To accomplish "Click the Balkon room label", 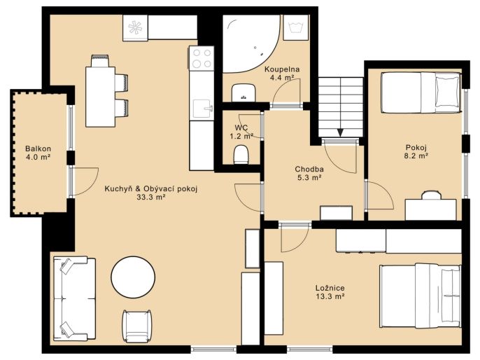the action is coord(38,149).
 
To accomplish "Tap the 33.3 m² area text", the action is coord(151,198).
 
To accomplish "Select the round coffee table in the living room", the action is coord(133,277).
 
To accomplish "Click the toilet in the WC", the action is coord(241,154).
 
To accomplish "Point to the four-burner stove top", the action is coord(201,58).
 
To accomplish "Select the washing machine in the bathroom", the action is coord(295,27).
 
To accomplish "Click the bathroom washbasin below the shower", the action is coord(243,92).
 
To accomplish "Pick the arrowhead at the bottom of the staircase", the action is coord(340,132).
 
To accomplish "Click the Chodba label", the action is coord(309,169).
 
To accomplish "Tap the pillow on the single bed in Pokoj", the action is coord(448,92).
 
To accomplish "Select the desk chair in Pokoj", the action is coord(431,195).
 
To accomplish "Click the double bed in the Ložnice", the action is coord(420,296).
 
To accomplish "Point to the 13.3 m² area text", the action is coord(330,296).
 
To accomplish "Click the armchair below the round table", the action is coord(137,326).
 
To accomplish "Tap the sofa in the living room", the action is coord(74,298).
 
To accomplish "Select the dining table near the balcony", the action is coord(101,97).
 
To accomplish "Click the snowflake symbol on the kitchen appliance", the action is coord(135,27).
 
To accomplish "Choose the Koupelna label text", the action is coord(282,69).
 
